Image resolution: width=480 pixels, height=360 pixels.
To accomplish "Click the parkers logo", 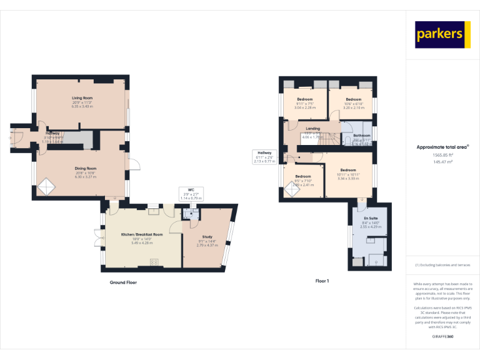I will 442,34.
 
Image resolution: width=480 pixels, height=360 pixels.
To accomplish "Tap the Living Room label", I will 82,102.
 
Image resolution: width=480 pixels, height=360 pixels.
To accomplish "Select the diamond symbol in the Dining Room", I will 46,186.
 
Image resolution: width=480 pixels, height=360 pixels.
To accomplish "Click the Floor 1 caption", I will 322,281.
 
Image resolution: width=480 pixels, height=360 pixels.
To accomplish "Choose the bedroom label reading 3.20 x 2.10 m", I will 354,103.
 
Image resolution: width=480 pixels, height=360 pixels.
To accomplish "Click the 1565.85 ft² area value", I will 442,154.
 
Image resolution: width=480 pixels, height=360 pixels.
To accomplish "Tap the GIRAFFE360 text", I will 442,337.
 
